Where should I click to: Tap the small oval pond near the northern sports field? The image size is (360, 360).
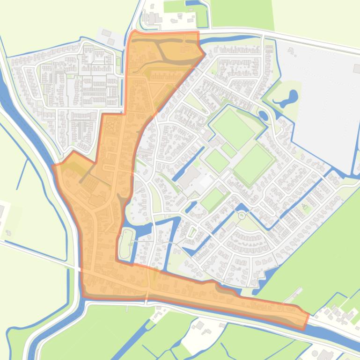(x=263, y=115)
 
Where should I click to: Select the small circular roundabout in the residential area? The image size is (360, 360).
(x=242, y=216)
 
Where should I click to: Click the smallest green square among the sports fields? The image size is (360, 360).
(x=229, y=150)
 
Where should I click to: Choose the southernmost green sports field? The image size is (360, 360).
(x=213, y=199)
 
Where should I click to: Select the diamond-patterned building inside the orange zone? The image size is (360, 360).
(x=111, y=125)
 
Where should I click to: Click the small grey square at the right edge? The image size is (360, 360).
(x=356, y=69)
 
